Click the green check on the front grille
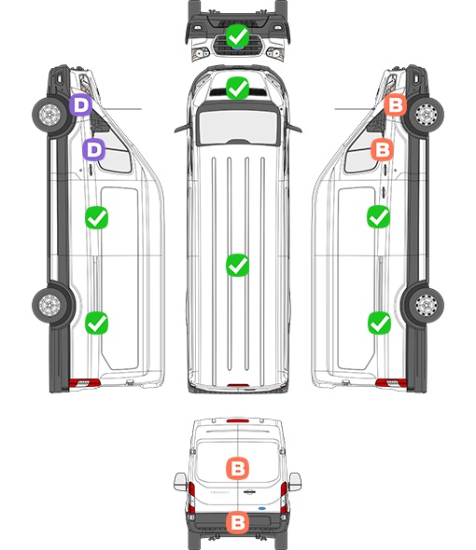[237, 35]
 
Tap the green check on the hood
[237, 89]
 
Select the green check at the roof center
[237, 265]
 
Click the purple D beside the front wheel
[80, 105]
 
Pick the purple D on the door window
[93, 150]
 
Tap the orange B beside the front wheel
[396, 105]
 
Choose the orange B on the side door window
[383, 149]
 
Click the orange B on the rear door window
[237, 468]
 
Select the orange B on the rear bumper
[237, 523]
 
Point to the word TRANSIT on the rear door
[219, 492]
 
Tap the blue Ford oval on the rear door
[261, 508]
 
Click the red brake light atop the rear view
[238, 420]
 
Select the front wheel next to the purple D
[49, 115]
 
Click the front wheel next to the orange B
[427, 115]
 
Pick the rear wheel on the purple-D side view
[49, 305]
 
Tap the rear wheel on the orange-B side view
[427, 305]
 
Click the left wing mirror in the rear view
[180, 482]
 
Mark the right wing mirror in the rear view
[295, 482]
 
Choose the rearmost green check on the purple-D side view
[96, 323]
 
